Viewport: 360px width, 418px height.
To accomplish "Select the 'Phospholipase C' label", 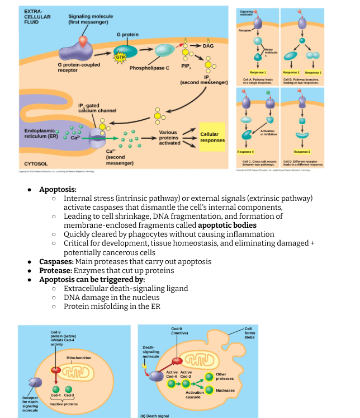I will pos(149,68).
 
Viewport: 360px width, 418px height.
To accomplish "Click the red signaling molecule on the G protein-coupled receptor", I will pos(83,40).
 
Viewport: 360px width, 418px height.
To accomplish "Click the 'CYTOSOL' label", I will pos(35,163).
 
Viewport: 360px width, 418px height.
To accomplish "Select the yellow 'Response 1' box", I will pos(258,73).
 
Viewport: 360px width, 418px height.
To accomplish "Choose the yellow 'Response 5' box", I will pos(302,152).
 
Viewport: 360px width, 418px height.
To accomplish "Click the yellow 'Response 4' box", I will pos(246,152).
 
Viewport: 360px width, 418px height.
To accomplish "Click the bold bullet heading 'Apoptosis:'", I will pos(58,190).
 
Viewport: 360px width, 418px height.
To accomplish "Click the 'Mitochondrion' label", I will pos(78,357).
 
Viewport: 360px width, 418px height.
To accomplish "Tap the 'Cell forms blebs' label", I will pos(248,332).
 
